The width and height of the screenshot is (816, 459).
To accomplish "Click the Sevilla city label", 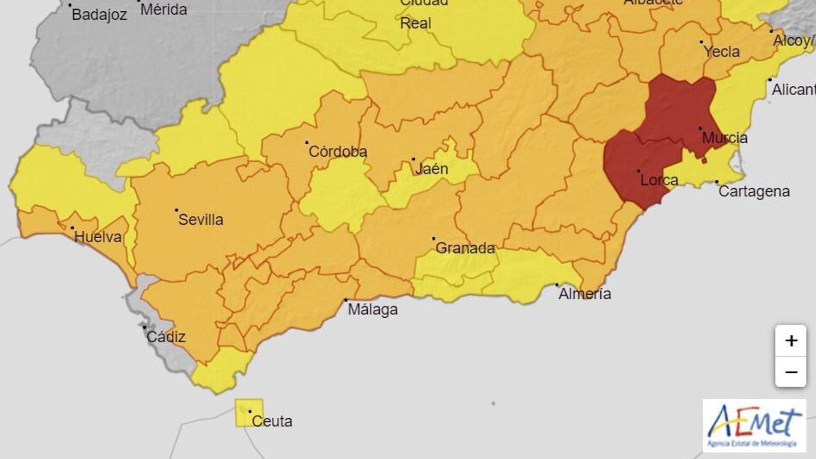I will click(x=200, y=220).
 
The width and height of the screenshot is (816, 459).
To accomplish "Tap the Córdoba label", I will click(x=338, y=151).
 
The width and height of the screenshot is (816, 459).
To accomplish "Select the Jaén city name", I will click(x=431, y=168).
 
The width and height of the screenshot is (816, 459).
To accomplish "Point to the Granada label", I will click(x=465, y=248).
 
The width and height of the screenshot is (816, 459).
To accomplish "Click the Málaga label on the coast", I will click(x=372, y=310).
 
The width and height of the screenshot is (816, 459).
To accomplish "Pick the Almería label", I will click(x=584, y=294).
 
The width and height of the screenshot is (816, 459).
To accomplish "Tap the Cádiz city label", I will click(x=166, y=337).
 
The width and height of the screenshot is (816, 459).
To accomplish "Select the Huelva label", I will click(x=98, y=237).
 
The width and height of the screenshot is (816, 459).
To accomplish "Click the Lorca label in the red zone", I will click(x=659, y=180).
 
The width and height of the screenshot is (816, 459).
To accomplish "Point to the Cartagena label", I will click(x=754, y=191).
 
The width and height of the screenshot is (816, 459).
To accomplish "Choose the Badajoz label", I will click(x=99, y=15).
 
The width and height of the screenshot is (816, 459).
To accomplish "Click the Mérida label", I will click(x=163, y=9).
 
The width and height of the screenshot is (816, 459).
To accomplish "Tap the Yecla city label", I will click(x=721, y=52).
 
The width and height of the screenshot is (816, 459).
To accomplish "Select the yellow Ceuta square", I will click(x=249, y=413).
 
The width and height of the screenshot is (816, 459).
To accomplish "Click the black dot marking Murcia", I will click(x=700, y=129).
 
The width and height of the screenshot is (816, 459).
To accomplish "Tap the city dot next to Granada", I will click(x=433, y=238).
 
